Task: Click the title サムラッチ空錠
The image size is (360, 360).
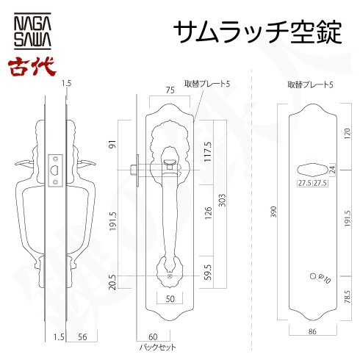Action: (257, 32)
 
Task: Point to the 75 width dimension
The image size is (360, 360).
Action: (170, 91)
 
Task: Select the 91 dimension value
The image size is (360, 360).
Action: (112, 144)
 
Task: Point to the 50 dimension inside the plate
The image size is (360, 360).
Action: (170, 299)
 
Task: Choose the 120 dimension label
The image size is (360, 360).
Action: (347, 134)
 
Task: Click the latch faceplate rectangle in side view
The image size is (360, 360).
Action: (56, 170)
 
